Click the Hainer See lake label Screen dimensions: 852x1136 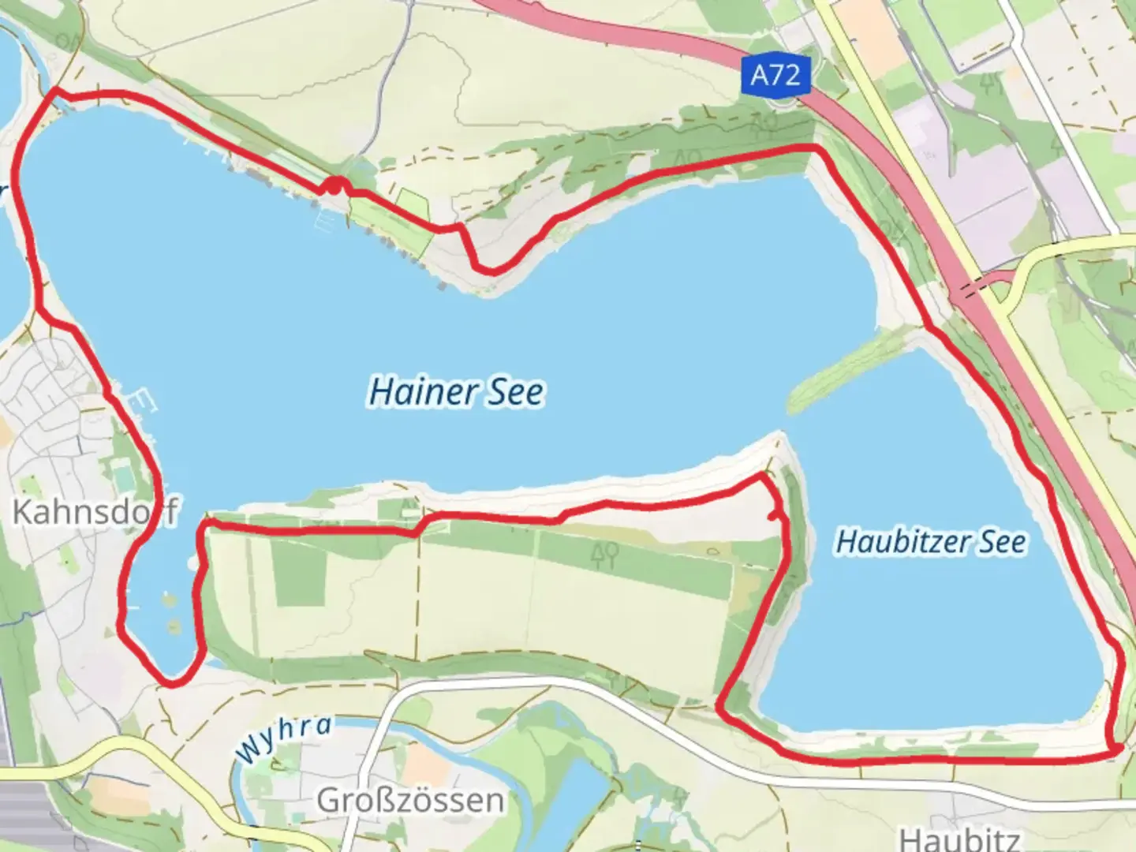pyautogui.click(x=456, y=392)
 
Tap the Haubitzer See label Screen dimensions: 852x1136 pyautogui.click(x=931, y=542)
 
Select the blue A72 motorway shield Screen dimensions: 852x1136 pyautogui.click(x=775, y=76)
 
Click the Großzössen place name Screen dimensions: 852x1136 pyautogui.click(x=410, y=800)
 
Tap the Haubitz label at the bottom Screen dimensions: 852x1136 pyautogui.click(x=959, y=838)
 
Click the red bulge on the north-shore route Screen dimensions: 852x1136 pyautogui.click(x=337, y=186)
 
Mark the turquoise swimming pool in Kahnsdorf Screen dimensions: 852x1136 pyautogui.click(x=122, y=476)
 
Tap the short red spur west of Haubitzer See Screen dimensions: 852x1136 pyautogui.click(x=777, y=516)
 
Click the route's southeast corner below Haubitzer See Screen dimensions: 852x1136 pyautogui.click(x=1115, y=750)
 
